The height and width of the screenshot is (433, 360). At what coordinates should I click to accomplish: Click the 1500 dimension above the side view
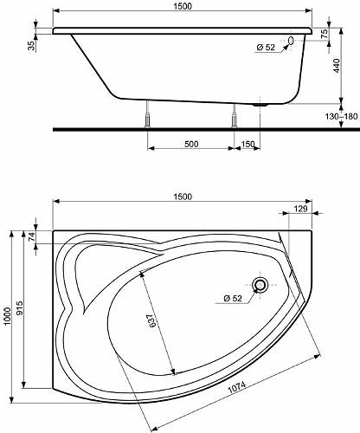pyautogui.click(x=183, y=6)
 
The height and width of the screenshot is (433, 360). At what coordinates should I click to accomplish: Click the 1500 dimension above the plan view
pyautogui.click(x=183, y=197)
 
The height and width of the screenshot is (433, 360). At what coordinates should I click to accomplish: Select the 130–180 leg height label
pyautogui.click(x=341, y=117)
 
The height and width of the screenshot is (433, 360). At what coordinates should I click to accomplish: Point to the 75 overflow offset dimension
pyautogui.click(x=325, y=34)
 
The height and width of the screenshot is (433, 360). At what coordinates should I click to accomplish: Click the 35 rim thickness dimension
pyautogui.click(x=31, y=46)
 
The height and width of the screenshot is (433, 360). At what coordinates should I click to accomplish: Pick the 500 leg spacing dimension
pyautogui.click(x=191, y=144)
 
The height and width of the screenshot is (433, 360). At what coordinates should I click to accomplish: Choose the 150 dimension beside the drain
pyautogui.click(x=247, y=144)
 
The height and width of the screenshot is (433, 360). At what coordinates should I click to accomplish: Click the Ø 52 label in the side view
pyautogui.click(x=266, y=47)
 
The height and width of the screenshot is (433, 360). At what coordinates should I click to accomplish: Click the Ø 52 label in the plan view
pyautogui.click(x=233, y=298)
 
